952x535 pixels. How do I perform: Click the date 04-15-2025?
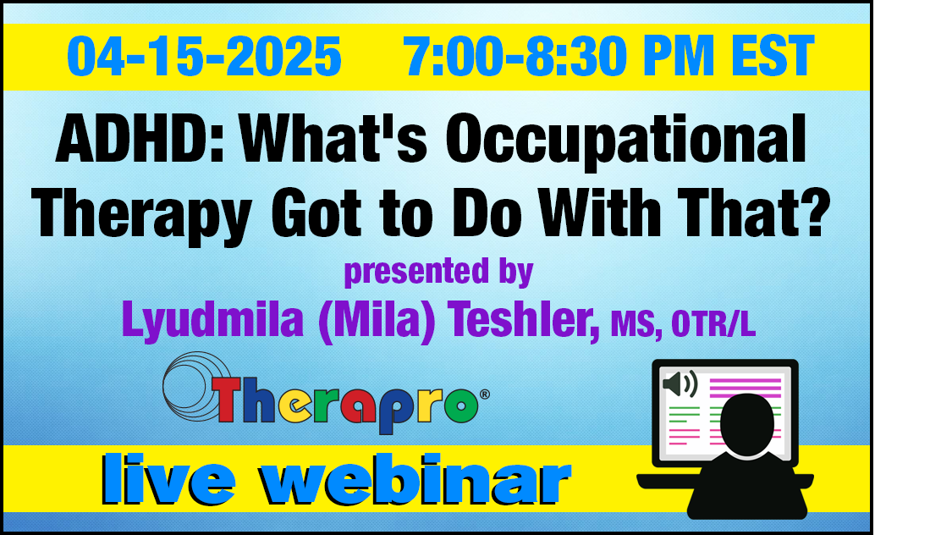tap(204, 57)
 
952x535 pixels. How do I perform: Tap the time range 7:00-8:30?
tap(515, 57)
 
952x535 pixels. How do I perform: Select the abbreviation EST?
tap(773, 57)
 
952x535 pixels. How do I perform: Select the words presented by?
tap(438, 272)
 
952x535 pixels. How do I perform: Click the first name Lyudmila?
tap(212, 320)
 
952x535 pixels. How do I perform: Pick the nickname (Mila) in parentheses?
tap(377, 320)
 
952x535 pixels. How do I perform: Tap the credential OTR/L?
tap(713, 325)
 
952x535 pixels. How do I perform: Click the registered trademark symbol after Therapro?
tap(485, 394)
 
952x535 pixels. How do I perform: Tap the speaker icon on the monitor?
tap(680, 384)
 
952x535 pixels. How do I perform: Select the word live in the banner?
tap(168, 479)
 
